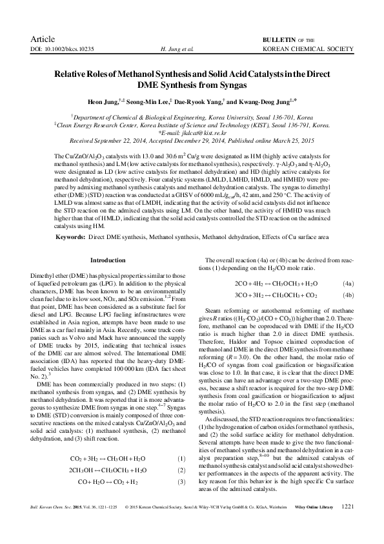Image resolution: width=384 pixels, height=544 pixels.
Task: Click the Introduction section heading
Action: coord(107,260)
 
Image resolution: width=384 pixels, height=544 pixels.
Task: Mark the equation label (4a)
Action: coord(347,283)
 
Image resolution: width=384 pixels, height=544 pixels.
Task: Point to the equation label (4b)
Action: coord(347,295)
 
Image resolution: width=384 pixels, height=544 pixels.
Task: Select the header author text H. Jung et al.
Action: coord(176,49)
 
